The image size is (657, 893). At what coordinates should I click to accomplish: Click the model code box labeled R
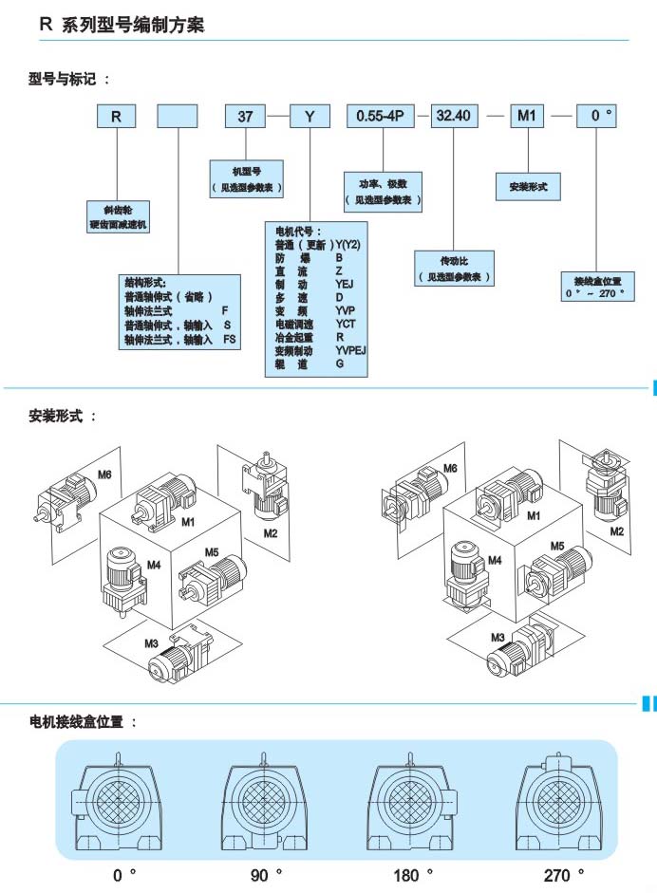115,116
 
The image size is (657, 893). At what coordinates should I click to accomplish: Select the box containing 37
244,116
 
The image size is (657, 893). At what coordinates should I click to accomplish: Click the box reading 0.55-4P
380,116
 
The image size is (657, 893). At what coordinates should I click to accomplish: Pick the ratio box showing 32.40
452,116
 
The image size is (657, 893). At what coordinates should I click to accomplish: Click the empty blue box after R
177,116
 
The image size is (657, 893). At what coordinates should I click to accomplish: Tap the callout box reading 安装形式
522,187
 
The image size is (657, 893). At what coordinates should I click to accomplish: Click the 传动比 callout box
454,268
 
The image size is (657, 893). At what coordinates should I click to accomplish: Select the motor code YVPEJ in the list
351,350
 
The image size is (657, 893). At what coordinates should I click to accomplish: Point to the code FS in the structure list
229,339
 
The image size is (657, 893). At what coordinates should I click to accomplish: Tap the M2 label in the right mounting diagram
617,530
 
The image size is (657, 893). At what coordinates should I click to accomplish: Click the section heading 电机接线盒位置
83,722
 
